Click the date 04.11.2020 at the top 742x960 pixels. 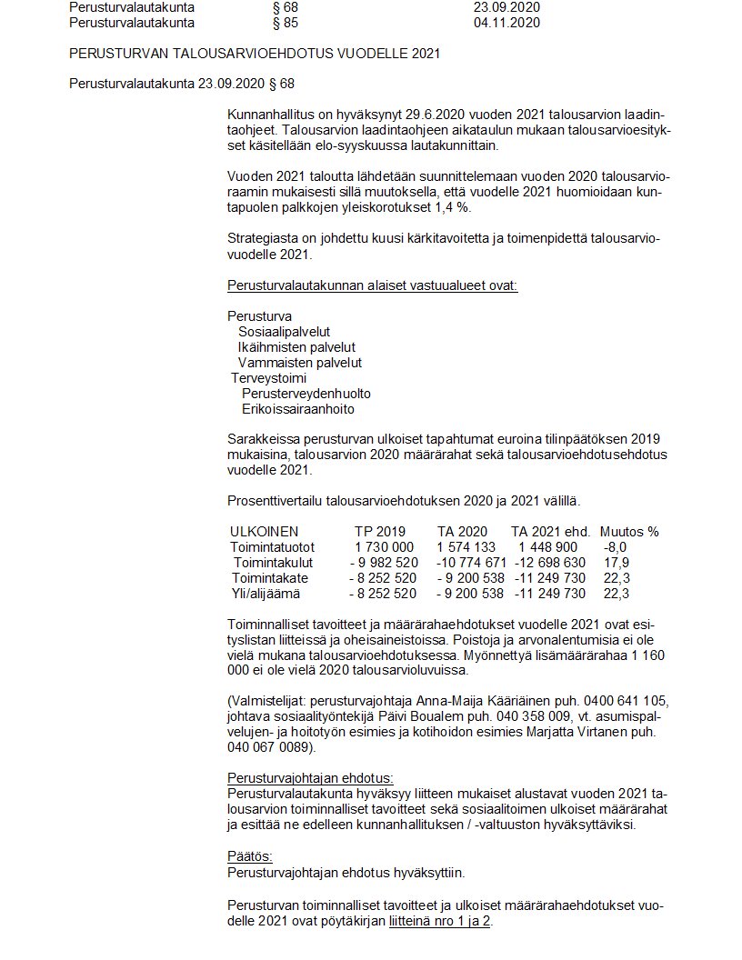[506, 23]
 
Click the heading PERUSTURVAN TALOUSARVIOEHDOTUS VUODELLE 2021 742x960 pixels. [255, 54]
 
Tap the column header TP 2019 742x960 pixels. [380, 532]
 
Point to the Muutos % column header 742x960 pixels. [629, 532]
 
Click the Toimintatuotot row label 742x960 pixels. [273, 547]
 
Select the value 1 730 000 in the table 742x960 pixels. [385, 547]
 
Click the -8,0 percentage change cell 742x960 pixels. [615, 547]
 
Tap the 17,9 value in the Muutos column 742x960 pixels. [615, 563]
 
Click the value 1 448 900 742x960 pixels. [547, 547]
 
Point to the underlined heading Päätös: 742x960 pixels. [250, 856]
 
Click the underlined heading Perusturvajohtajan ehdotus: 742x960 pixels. [310, 779]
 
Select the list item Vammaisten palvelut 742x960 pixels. [287, 363]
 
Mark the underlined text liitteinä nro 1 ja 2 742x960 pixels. [440, 921]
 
